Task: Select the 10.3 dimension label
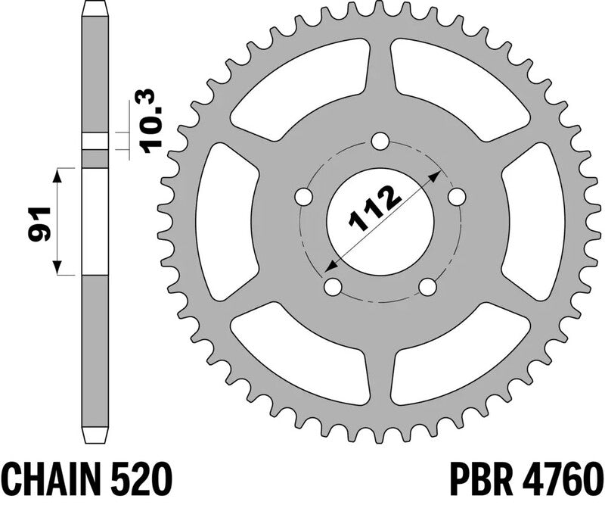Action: coord(150,122)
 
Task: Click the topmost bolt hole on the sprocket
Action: coord(380,142)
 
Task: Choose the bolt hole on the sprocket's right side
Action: coord(456,196)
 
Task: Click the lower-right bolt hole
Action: coord(427,287)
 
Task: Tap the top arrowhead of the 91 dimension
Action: coord(57,173)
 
